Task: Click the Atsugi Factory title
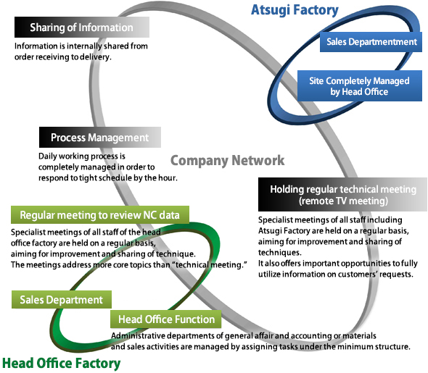(295, 10)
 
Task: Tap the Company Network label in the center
(227, 160)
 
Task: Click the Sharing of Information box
(81, 28)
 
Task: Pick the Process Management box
(99, 138)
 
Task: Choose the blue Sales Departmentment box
(370, 42)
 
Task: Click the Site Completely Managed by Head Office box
(359, 86)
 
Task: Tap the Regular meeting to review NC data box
(100, 215)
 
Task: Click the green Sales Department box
(62, 300)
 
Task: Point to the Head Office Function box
(166, 319)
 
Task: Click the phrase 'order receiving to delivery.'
(62, 56)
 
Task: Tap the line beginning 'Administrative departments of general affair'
(243, 336)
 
